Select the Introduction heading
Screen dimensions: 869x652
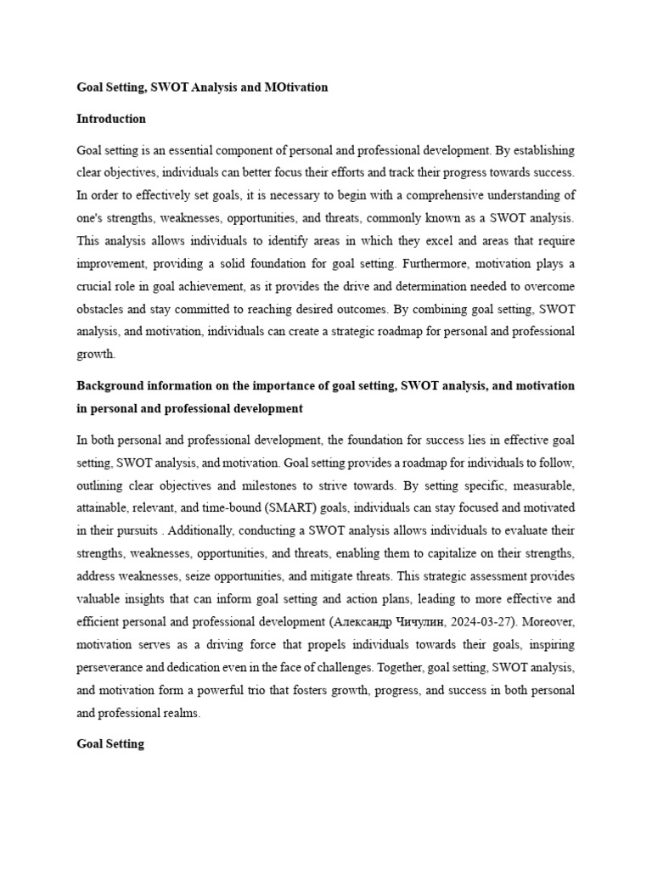click(x=111, y=119)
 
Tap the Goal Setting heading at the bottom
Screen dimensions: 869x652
click(x=110, y=743)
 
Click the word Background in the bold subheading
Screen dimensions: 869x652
click(x=109, y=386)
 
